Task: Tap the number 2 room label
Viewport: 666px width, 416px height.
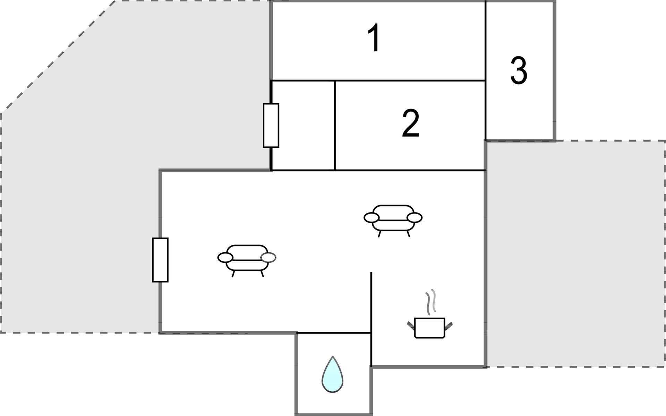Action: click(x=410, y=123)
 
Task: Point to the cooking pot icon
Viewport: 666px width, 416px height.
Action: click(x=430, y=328)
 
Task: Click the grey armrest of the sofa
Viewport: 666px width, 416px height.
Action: click(x=268, y=257)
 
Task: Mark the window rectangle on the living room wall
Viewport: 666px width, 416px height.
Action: click(x=160, y=260)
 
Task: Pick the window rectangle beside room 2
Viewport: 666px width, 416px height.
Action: click(x=271, y=125)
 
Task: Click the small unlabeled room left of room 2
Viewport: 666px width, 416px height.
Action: click(x=303, y=125)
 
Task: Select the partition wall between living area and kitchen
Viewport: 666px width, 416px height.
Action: click(x=371, y=319)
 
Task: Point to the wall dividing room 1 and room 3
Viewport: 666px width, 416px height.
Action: click(x=485, y=41)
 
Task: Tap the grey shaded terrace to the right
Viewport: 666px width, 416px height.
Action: click(x=576, y=254)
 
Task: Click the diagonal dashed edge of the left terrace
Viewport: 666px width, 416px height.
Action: click(x=58, y=57)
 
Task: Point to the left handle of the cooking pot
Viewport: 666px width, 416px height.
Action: click(x=411, y=325)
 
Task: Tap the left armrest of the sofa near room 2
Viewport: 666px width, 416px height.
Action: click(x=372, y=218)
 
